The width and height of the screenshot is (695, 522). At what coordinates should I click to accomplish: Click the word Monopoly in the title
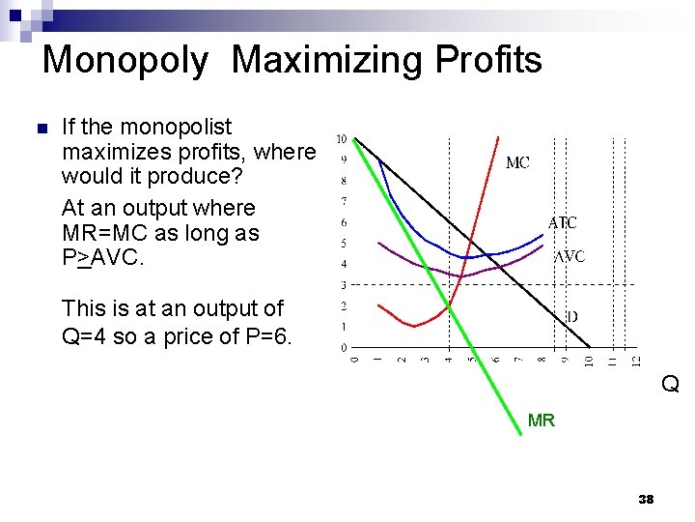click(x=125, y=61)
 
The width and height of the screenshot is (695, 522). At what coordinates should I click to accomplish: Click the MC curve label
click(x=517, y=163)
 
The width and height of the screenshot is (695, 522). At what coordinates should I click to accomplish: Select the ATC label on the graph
click(x=563, y=222)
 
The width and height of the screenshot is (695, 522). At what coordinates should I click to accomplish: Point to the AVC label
click(x=569, y=257)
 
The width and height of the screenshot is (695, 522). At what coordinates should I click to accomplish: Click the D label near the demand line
click(x=571, y=316)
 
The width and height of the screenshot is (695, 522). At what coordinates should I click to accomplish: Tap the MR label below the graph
click(x=542, y=420)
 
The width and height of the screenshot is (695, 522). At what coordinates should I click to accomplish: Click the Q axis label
click(x=670, y=385)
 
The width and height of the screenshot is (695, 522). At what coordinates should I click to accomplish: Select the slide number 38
click(x=646, y=500)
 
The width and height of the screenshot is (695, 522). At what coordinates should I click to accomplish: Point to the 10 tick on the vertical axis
click(x=342, y=139)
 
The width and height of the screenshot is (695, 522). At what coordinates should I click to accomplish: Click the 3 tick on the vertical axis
click(x=343, y=285)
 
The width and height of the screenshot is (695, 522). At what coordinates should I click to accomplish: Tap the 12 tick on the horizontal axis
click(x=636, y=362)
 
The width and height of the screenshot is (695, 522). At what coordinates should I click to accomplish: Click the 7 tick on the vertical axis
click(x=343, y=201)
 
